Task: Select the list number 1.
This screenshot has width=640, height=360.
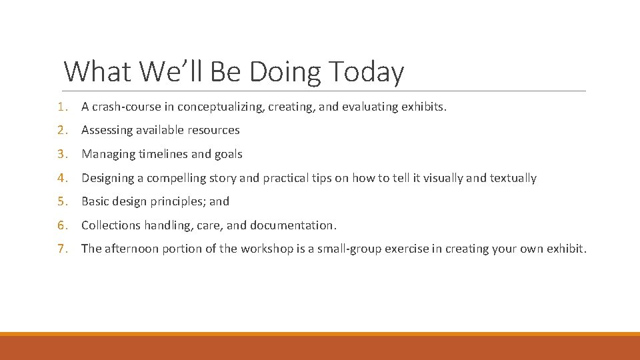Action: pos(61,107)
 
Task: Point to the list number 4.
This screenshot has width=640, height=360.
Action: pos(61,178)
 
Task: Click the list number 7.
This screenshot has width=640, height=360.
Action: pos(61,249)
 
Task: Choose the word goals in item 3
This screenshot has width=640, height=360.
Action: pos(229,154)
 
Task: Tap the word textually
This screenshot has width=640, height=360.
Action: pos(513,178)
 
